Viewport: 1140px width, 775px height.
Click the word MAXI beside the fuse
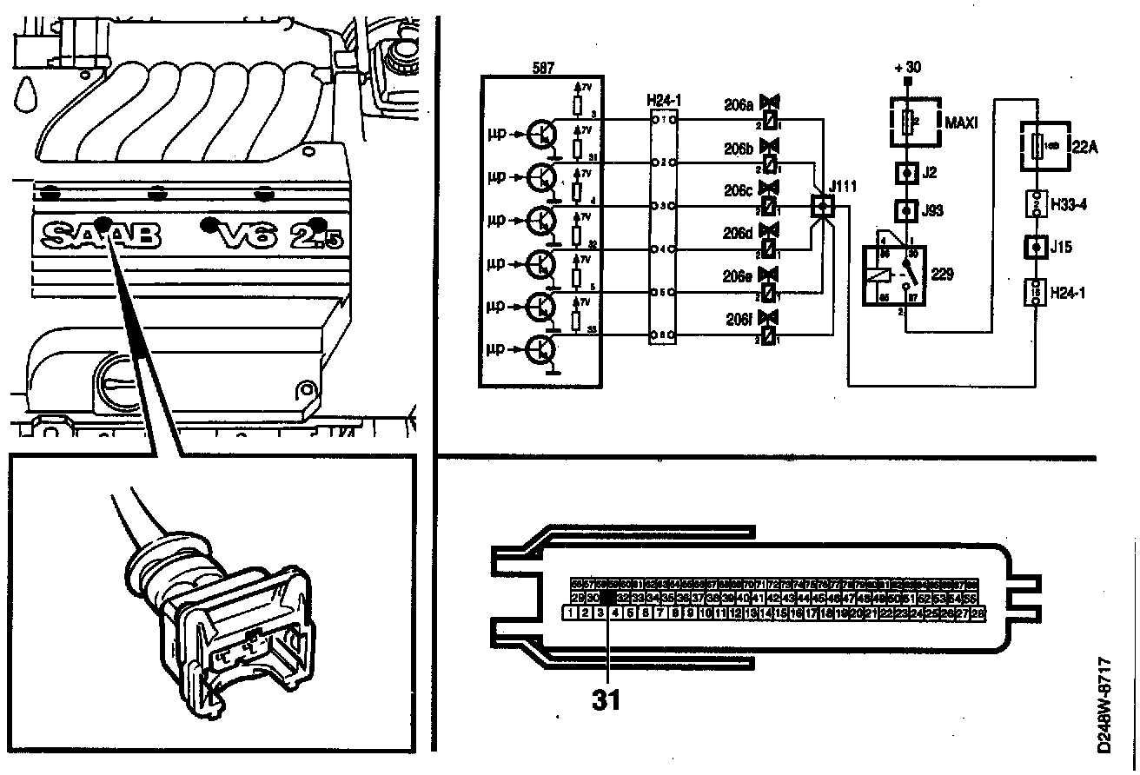tap(960, 123)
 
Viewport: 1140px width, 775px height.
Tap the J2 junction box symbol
tap(907, 173)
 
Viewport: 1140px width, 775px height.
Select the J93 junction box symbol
tap(907, 210)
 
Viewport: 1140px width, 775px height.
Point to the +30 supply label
tap(907, 68)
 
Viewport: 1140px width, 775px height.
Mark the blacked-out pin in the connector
tap(608, 599)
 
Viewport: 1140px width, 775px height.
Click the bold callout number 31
tap(607, 699)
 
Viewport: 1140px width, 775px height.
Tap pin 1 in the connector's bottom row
tap(570, 613)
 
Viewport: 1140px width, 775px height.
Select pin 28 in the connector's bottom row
tap(978, 613)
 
